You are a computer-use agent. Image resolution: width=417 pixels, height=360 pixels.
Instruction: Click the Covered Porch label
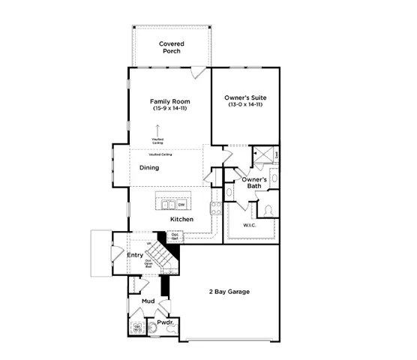tap(171, 48)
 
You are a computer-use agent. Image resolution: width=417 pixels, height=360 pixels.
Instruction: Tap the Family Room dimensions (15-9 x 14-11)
tap(169, 109)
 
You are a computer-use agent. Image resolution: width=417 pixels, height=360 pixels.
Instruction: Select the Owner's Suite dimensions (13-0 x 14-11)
tap(245, 105)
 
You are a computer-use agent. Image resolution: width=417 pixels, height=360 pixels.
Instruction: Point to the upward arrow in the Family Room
tap(157, 130)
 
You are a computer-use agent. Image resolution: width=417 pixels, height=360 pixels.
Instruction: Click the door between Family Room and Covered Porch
tap(197, 72)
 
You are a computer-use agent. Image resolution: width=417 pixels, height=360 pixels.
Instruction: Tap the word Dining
tap(149, 167)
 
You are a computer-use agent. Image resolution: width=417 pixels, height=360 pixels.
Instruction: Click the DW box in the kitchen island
tap(181, 203)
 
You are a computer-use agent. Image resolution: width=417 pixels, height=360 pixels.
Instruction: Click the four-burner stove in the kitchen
tap(215, 208)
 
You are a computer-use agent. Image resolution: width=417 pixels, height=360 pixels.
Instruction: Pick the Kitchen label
tap(181, 219)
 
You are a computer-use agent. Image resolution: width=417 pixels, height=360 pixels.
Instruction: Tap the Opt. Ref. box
tap(175, 235)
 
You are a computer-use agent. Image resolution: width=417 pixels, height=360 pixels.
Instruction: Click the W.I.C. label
tap(250, 224)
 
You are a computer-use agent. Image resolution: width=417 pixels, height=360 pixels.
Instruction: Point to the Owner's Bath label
tap(254, 182)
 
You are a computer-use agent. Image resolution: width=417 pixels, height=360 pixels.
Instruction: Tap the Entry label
tap(135, 255)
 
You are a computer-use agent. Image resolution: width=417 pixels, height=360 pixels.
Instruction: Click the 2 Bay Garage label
tap(229, 291)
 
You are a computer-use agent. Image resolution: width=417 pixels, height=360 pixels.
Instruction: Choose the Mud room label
tap(148, 301)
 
